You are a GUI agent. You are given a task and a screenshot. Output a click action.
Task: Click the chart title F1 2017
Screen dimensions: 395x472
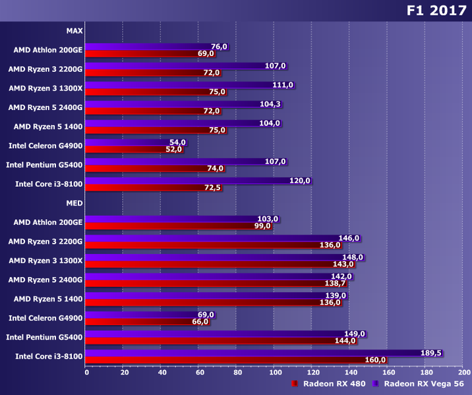pyautogui.click(x=436, y=11)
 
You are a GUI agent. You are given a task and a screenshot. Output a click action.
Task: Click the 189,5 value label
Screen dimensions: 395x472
pyautogui.click(x=430, y=353)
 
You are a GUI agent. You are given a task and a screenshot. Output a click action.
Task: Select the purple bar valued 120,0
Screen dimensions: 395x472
pyautogui.click(x=198, y=180)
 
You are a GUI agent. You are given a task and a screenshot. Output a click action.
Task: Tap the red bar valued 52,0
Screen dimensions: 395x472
pyautogui.click(x=125, y=149)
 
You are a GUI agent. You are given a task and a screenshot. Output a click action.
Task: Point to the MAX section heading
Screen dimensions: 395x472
pyautogui.click(x=74, y=30)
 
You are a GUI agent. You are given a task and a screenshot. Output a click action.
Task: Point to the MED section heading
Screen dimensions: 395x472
pyautogui.click(x=74, y=203)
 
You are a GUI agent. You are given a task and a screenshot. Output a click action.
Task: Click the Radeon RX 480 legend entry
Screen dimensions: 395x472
pyautogui.click(x=330, y=383)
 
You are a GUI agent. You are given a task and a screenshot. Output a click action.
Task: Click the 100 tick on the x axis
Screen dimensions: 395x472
pyautogui.click(x=274, y=372)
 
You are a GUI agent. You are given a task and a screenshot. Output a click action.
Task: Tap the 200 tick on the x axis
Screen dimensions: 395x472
pyautogui.click(x=463, y=372)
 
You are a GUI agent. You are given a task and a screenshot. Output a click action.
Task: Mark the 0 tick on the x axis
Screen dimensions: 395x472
pyautogui.click(x=86, y=372)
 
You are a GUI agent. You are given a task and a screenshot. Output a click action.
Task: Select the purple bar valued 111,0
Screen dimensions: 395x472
pyautogui.click(x=190, y=85)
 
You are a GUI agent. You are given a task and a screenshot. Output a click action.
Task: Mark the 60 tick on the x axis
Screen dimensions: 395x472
pyautogui.click(x=199, y=372)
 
